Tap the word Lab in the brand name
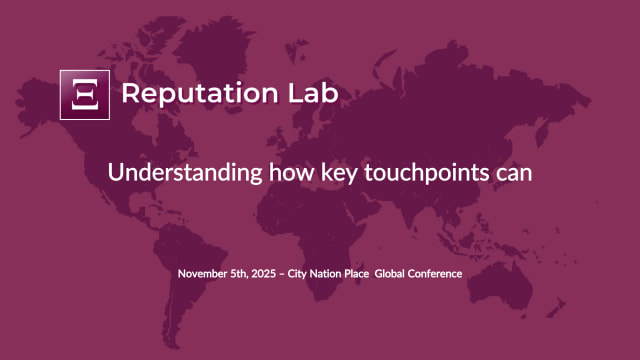[312, 93]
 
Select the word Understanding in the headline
[185, 172]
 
